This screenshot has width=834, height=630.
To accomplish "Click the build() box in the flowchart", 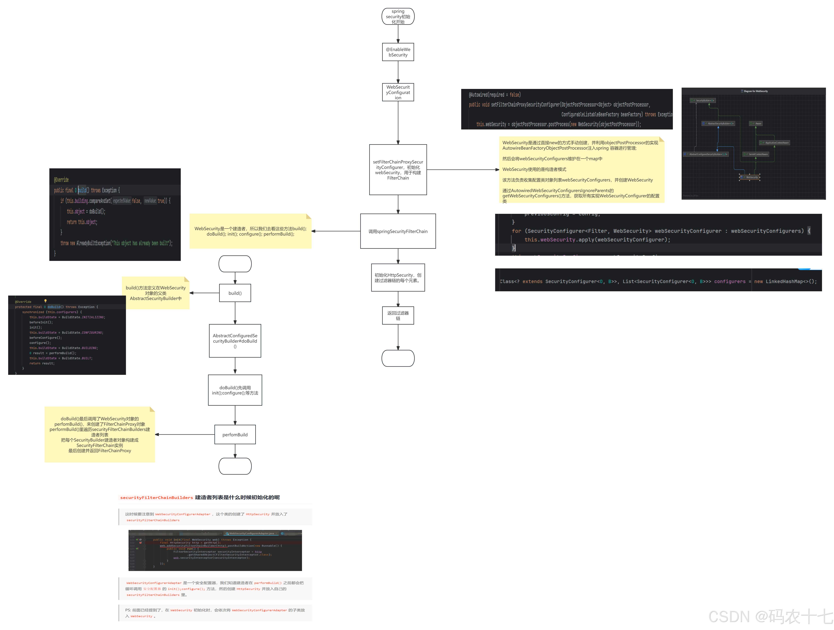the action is pyautogui.click(x=235, y=293).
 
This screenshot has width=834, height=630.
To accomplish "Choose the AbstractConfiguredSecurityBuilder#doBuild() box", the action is pyautogui.click(x=235, y=341).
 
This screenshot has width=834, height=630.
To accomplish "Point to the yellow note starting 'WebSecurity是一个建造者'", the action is pyautogui.click(x=250, y=231).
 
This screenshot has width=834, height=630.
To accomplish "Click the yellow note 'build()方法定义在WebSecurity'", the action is pyautogui.click(x=156, y=293).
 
